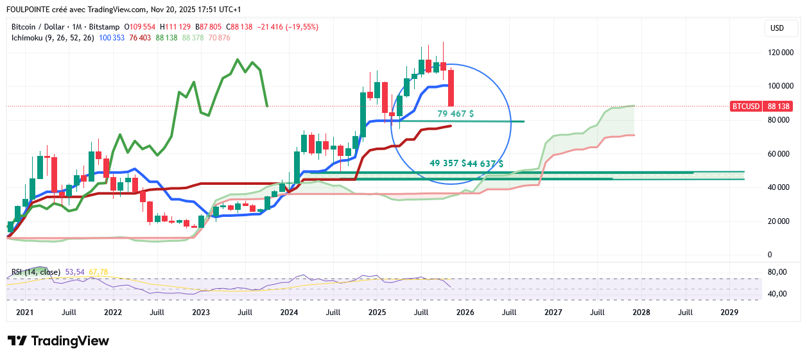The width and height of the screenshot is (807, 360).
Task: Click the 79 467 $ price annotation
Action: pyautogui.click(x=456, y=114)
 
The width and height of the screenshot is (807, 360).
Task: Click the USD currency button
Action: pyautogui.click(x=777, y=28)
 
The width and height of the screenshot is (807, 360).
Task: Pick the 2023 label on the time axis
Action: pyautogui.click(x=201, y=313)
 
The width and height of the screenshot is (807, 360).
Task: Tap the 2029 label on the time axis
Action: pyautogui.click(x=729, y=313)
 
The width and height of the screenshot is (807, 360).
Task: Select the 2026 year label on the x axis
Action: pyautogui.click(x=465, y=313)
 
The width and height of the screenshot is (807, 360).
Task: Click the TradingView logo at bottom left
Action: pyautogui.click(x=58, y=341)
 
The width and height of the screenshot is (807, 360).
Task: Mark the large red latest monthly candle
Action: pyautogui.click(x=451, y=88)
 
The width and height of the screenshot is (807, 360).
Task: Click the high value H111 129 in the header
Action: pyautogui.click(x=176, y=27)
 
